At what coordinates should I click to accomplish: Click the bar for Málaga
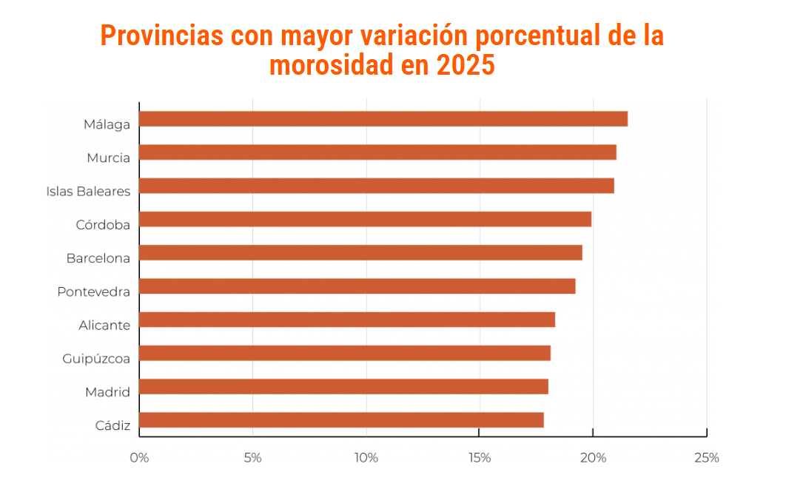(383, 118)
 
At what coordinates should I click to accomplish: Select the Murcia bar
(377, 152)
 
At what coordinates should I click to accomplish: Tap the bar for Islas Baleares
(377, 186)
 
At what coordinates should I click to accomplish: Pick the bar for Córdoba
(365, 219)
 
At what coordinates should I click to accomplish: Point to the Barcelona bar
(360, 252)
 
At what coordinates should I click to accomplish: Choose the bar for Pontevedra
(357, 286)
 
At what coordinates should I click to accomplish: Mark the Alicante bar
(347, 320)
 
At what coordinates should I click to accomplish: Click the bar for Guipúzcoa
(345, 353)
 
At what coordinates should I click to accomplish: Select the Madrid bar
(343, 386)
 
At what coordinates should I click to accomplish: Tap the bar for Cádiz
(341, 420)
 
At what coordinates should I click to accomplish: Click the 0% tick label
(139, 458)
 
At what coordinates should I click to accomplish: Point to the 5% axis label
(252, 458)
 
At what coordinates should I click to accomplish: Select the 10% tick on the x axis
(366, 458)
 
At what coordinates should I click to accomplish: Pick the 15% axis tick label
(480, 458)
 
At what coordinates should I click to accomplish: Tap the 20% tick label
(593, 458)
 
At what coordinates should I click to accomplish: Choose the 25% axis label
(707, 458)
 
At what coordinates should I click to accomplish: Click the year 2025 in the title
(465, 66)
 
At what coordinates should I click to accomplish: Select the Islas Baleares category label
(88, 192)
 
